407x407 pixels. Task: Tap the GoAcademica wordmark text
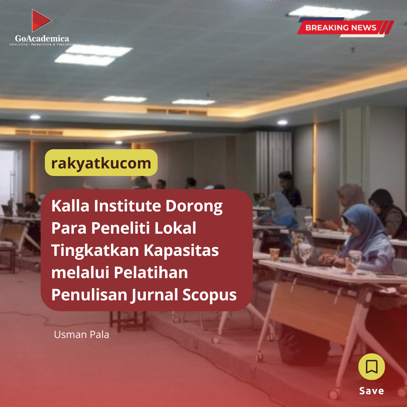42,38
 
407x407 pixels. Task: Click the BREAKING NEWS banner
345,27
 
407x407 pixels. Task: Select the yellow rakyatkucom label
101,163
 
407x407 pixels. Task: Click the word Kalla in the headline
70,206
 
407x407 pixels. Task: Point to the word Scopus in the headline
210,295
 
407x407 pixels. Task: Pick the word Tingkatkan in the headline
95,251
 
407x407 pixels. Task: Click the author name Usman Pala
81,335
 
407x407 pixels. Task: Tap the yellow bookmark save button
372,367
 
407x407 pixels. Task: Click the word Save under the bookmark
372,391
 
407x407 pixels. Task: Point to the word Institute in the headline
127,206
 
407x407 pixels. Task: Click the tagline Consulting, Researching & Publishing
42,44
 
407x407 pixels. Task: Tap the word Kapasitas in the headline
181,251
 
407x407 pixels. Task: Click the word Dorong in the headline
194,206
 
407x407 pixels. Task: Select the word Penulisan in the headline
89,295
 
